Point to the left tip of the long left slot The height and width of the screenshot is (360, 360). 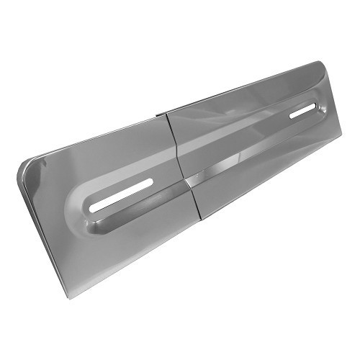click(x=93, y=208)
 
